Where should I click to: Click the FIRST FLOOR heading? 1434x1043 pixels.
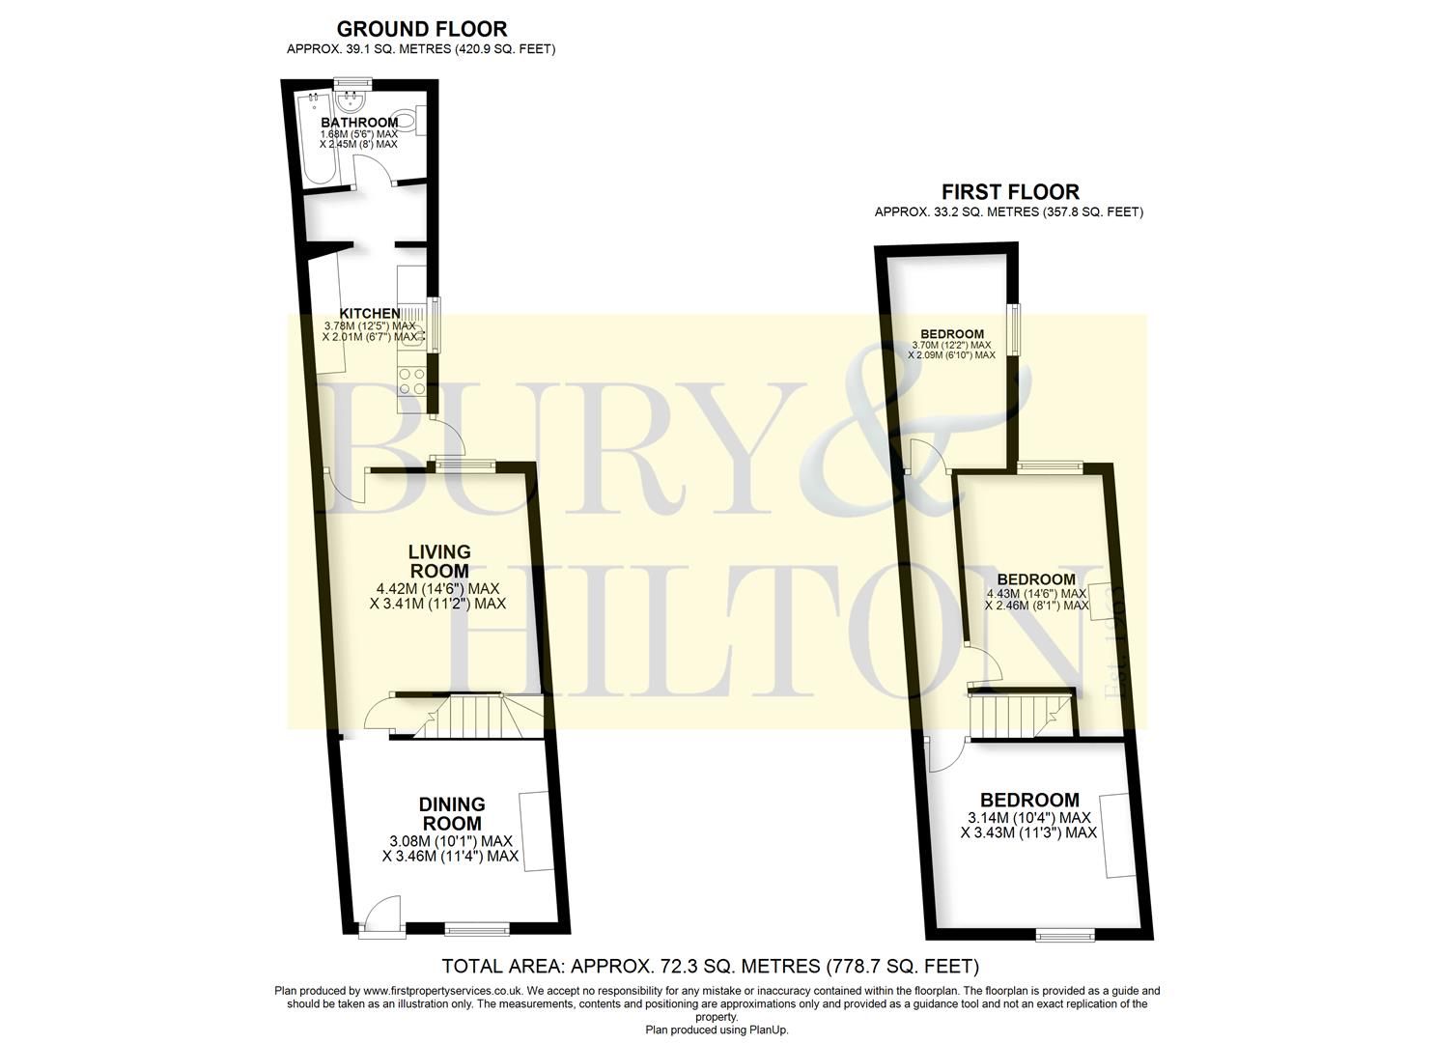tap(1010, 192)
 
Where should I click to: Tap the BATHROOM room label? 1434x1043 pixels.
tap(358, 123)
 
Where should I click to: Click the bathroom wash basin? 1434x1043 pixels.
tap(351, 99)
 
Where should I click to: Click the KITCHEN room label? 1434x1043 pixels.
tap(369, 313)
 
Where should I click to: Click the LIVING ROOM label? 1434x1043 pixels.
tap(439, 561)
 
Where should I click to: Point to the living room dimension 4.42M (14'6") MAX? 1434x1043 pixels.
tap(438, 588)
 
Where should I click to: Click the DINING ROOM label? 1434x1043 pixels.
tap(452, 813)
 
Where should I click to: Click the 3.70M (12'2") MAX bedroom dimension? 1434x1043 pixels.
tap(951, 345)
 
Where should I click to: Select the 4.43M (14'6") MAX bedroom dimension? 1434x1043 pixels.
tap(1036, 593)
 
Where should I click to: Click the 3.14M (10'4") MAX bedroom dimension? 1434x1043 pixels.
tap(1029, 818)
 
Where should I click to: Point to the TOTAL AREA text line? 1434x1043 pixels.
tap(710, 966)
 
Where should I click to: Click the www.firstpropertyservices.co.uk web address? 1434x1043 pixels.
tap(442, 991)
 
